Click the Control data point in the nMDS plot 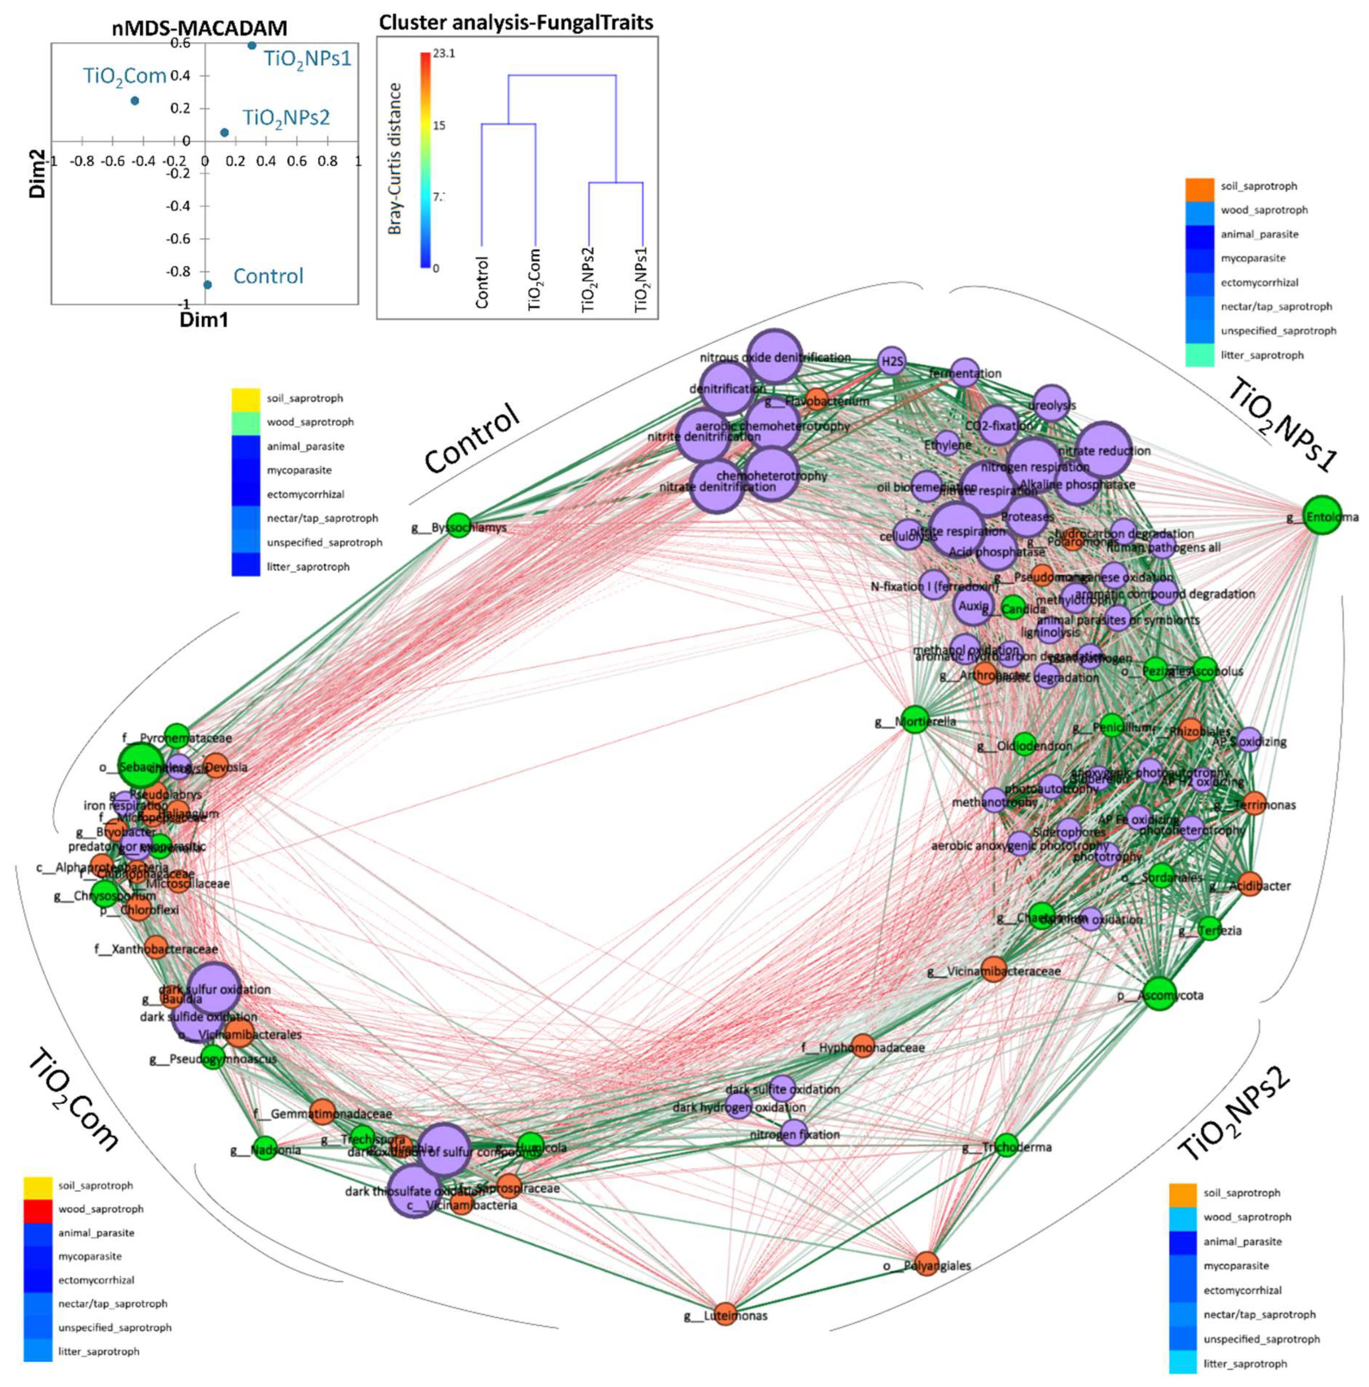click(207, 284)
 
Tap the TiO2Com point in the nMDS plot click(135, 100)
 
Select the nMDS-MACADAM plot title click(200, 28)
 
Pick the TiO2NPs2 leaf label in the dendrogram click(589, 279)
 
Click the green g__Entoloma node click(1320, 515)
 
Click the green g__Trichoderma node click(1007, 1144)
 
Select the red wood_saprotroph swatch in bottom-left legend click(37, 1209)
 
